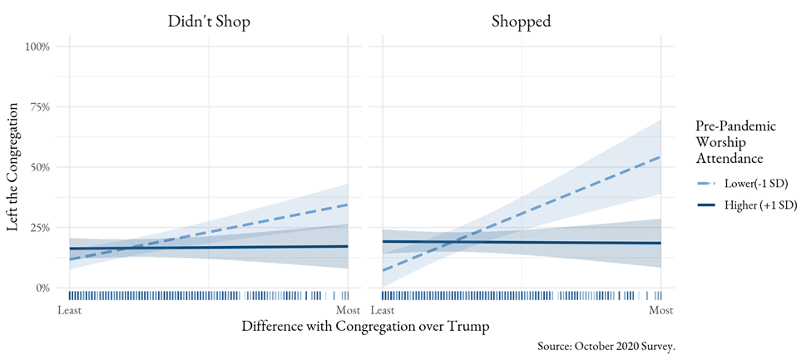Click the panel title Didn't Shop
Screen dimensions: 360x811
[x=208, y=22]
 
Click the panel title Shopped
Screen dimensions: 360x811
[x=522, y=22]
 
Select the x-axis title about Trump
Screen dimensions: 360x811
[x=364, y=326]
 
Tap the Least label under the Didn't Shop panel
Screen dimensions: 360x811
[x=70, y=310]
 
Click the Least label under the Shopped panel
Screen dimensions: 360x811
[x=383, y=310]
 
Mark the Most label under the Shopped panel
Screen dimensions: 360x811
[x=660, y=310]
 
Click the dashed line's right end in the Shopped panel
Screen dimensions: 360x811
[x=660, y=156]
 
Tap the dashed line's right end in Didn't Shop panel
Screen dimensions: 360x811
[x=347, y=205]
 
